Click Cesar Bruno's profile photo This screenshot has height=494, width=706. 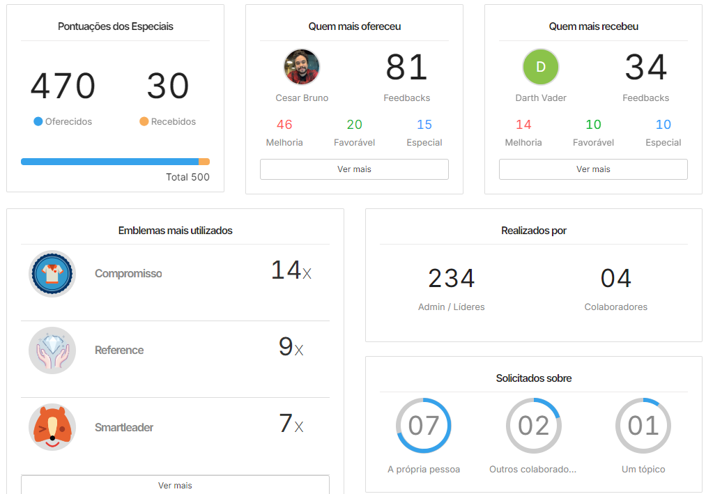[x=302, y=67]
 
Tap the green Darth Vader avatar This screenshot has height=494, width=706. [x=541, y=67]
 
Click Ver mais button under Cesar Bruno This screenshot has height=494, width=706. [x=354, y=169]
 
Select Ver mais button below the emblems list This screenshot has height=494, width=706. [x=175, y=485]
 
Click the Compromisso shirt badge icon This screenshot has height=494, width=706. [x=52, y=274]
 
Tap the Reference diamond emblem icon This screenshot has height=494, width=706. [x=52, y=350]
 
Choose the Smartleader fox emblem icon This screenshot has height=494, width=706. [x=52, y=427]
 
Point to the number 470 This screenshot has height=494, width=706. [x=63, y=86]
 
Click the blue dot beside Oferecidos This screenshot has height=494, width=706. [x=38, y=121]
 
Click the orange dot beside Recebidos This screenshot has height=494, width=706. [x=144, y=121]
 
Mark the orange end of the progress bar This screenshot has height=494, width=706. [x=204, y=162]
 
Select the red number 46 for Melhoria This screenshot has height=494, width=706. [x=284, y=125]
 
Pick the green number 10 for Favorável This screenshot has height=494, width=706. [x=593, y=125]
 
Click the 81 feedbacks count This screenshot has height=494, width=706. [x=406, y=68]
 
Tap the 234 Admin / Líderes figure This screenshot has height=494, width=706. [x=452, y=279]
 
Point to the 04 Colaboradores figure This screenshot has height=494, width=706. [x=616, y=279]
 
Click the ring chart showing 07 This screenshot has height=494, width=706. [x=424, y=426]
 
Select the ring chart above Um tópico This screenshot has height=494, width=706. [x=643, y=426]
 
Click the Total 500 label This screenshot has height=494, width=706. [x=187, y=177]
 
